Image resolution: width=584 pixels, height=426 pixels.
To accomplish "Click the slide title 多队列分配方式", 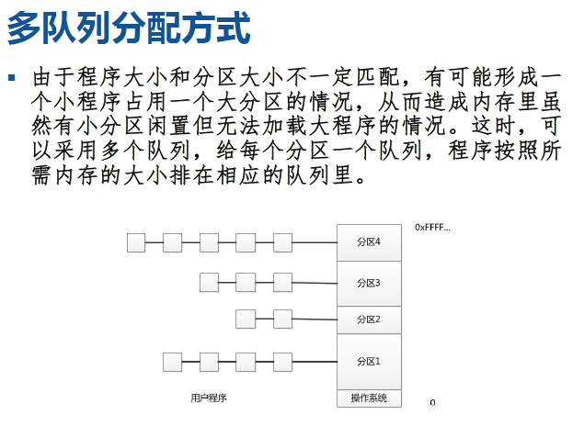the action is click(x=129, y=28).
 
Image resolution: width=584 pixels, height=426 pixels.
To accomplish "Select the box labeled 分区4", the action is click(x=369, y=242).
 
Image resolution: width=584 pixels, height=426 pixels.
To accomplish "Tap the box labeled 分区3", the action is click(x=369, y=283).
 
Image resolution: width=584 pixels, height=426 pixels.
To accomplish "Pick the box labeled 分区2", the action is click(x=369, y=319).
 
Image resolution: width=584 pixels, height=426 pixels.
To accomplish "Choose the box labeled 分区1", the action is click(x=369, y=361).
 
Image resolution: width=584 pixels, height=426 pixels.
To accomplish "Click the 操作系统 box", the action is click(x=369, y=398).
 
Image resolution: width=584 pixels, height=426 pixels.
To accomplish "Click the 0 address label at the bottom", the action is click(x=432, y=402).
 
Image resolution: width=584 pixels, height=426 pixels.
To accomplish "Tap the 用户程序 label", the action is click(x=209, y=398).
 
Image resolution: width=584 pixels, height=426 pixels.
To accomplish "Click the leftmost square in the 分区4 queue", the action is click(x=136, y=242).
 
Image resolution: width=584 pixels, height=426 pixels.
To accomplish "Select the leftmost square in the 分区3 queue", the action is click(x=209, y=282).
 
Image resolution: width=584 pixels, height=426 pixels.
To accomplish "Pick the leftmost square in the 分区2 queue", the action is click(x=246, y=319).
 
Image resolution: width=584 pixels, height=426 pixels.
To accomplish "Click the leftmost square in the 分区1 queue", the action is click(x=172, y=362).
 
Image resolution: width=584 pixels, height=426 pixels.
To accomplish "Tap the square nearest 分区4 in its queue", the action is click(x=282, y=242).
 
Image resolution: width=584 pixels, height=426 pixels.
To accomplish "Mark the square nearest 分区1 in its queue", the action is click(x=282, y=362).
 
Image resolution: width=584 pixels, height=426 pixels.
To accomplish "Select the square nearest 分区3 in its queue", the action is click(x=282, y=282).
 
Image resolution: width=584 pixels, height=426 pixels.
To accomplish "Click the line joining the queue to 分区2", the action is click(x=315, y=319).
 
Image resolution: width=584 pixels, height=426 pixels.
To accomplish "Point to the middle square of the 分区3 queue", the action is click(x=246, y=282).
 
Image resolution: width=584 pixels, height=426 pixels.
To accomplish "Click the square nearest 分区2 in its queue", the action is click(x=282, y=319).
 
